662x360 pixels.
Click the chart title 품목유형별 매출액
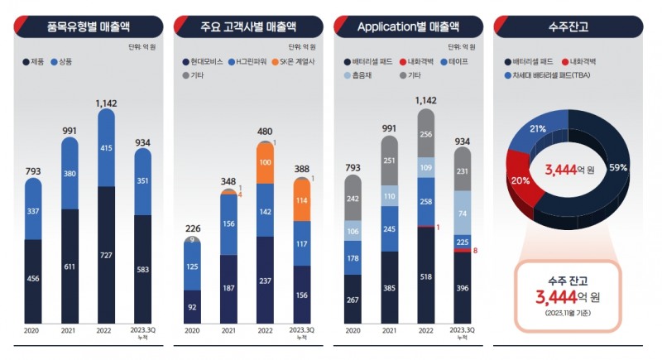click(x=92, y=26)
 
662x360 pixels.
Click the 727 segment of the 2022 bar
click(x=106, y=253)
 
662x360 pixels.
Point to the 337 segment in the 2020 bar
click(x=33, y=210)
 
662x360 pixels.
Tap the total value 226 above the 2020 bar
click(x=192, y=229)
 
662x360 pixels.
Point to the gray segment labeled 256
click(x=425, y=137)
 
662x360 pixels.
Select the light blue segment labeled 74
click(x=462, y=214)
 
